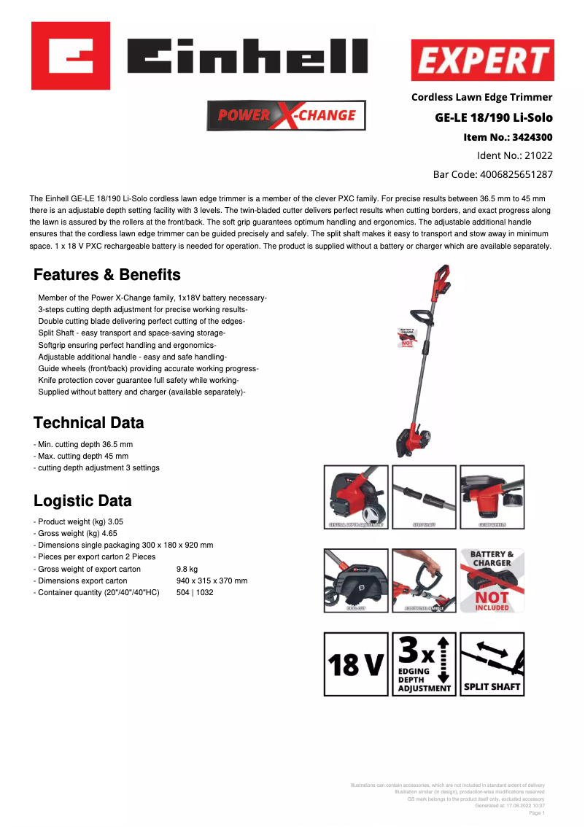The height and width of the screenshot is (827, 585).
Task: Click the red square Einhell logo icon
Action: click(x=71, y=55)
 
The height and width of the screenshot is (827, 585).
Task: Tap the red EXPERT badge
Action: click(x=482, y=61)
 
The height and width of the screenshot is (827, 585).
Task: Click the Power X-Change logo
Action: click(x=287, y=115)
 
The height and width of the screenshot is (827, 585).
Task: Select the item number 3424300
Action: click(x=532, y=137)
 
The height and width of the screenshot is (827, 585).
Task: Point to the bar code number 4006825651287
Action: click(x=516, y=175)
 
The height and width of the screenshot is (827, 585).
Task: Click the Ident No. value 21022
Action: click(x=539, y=156)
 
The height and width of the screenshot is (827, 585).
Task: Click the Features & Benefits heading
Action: click(x=107, y=275)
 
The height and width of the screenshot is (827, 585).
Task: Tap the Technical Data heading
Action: click(x=89, y=423)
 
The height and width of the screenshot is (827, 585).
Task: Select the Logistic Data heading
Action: click(x=82, y=501)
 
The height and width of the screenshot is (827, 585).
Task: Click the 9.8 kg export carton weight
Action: click(x=187, y=570)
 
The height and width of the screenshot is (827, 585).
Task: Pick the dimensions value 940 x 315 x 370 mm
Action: click(x=212, y=581)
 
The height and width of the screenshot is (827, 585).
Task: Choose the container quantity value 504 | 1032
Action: click(x=195, y=593)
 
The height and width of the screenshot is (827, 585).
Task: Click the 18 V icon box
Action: click(x=356, y=664)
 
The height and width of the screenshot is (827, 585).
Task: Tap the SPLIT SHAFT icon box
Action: click(x=492, y=664)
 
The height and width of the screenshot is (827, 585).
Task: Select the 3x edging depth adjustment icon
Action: click(x=424, y=664)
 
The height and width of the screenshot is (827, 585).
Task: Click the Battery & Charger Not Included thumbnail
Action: click(x=492, y=581)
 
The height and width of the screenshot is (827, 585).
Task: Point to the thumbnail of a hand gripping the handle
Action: click(x=424, y=581)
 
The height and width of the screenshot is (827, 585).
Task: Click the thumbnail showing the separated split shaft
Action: click(x=424, y=497)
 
